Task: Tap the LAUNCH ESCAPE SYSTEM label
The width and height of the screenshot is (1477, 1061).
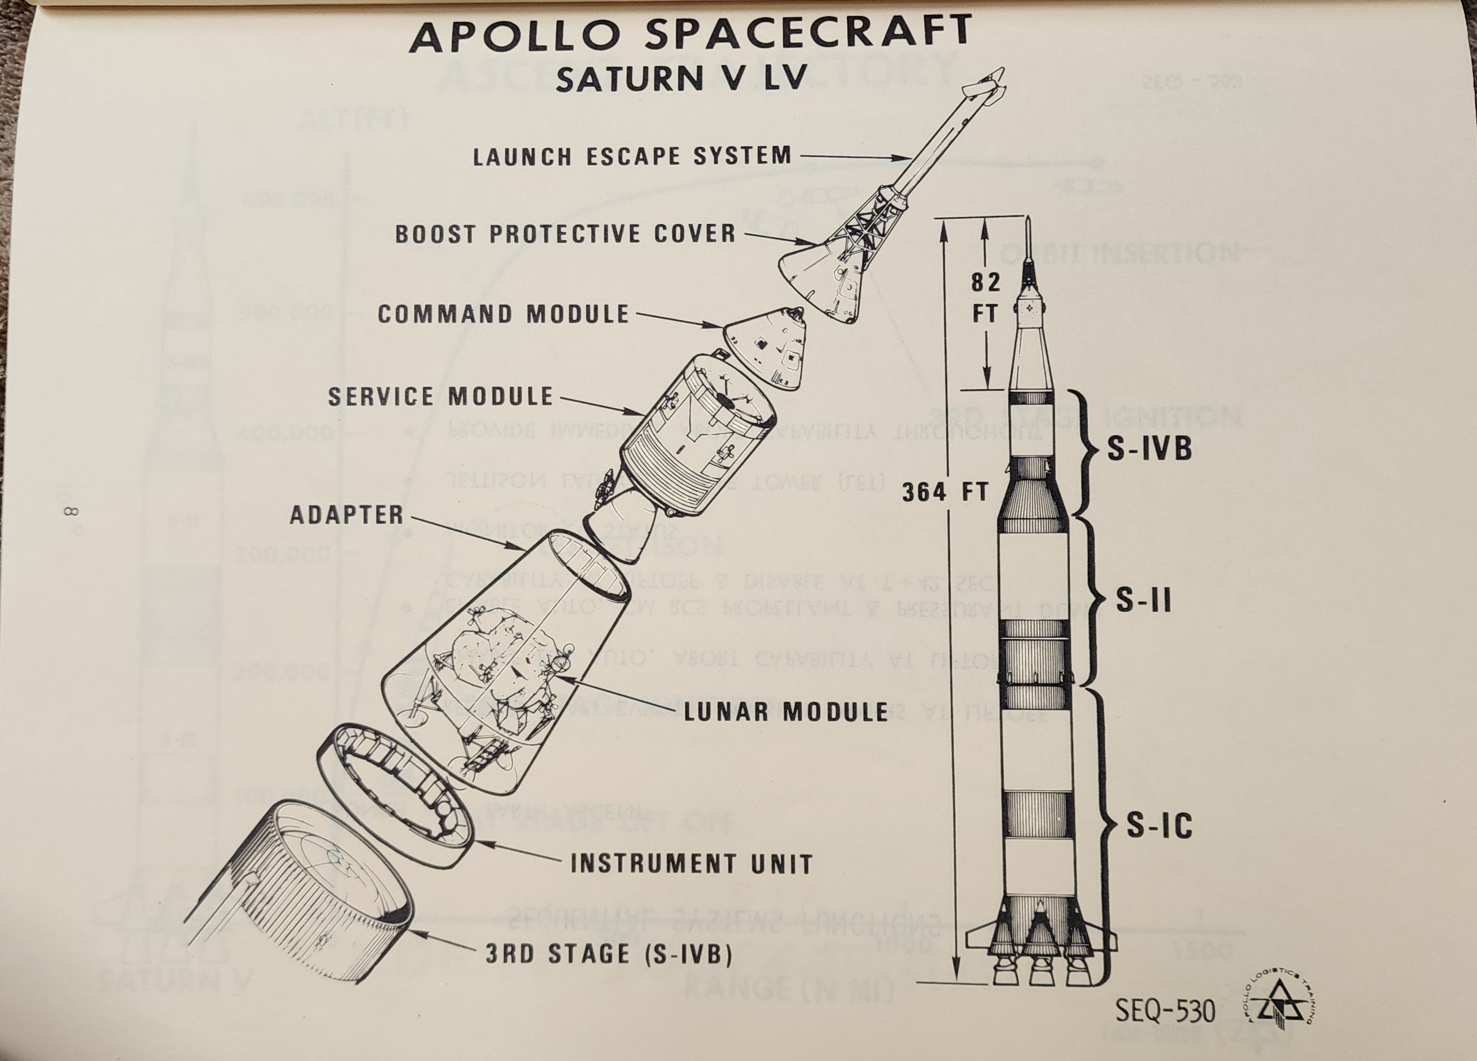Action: coord(632,157)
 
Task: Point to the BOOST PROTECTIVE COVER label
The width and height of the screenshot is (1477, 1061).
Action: coord(565,234)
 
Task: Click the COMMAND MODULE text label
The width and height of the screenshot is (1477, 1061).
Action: coord(503,314)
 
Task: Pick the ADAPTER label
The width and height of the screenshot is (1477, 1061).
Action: coord(346,515)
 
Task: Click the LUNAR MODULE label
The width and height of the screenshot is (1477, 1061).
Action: coord(786,712)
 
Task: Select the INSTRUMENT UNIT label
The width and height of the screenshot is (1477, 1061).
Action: coord(691,864)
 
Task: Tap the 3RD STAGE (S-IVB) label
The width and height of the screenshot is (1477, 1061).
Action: coord(609,954)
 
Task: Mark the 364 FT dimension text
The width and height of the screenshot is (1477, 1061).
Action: coord(945,493)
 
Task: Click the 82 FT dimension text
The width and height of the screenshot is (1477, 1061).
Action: coord(985,298)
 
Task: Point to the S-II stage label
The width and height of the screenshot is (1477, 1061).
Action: coord(1143,601)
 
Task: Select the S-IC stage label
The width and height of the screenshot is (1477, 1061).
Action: coord(1159,826)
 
